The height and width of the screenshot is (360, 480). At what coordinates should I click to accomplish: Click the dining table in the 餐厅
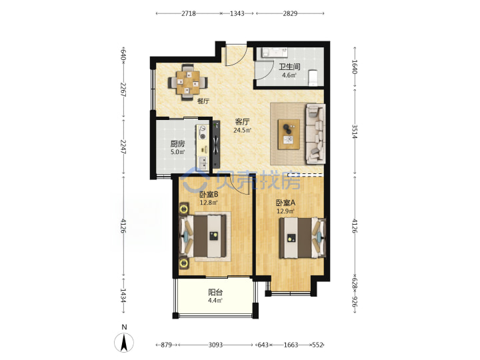click(x=187, y=82)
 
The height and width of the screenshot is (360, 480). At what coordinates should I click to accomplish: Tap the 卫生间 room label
click(x=289, y=67)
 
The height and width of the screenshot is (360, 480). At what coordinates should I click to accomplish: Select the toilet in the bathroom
click(x=313, y=78)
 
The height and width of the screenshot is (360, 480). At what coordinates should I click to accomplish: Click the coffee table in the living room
click(x=289, y=135)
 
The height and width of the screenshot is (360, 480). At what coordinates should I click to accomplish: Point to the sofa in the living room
click(x=315, y=134)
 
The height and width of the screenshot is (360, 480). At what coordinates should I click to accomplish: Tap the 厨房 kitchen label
click(x=177, y=143)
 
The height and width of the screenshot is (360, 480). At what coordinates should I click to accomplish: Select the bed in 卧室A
click(x=303, y=238)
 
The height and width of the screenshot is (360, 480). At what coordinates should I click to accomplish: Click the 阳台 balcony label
click(x=215, y=292)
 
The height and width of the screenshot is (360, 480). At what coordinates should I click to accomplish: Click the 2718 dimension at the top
click(x=188, y=13)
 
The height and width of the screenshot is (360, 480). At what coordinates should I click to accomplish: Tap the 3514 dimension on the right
click(x=355, y=131)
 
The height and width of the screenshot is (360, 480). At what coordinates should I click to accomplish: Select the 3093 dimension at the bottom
click(x=215, y=345)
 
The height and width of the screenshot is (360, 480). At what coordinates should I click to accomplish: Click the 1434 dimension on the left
click(x=123, y=296)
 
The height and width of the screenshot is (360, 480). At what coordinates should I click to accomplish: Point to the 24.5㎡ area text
click(x=243, y=131)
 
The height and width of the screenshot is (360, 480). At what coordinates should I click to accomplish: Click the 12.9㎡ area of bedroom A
click(x=285, y=211)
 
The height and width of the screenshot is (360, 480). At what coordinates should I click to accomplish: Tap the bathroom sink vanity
click(x=274, y=53)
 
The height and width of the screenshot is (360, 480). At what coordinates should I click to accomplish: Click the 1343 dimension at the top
click(x=237, y=13)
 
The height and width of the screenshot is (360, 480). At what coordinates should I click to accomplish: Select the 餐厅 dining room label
click(x=203, y=101)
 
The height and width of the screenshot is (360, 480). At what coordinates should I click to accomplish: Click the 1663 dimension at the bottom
click(x=291, y=345)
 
